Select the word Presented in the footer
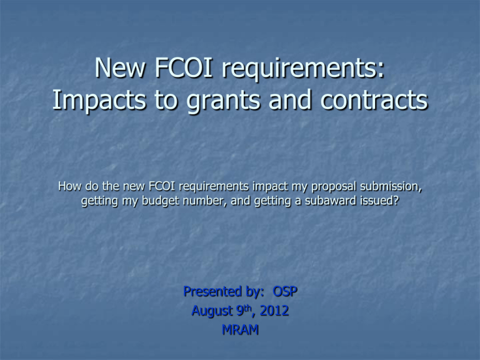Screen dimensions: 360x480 tap(210, 291)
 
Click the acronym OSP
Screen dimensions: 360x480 tap(283, 291)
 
